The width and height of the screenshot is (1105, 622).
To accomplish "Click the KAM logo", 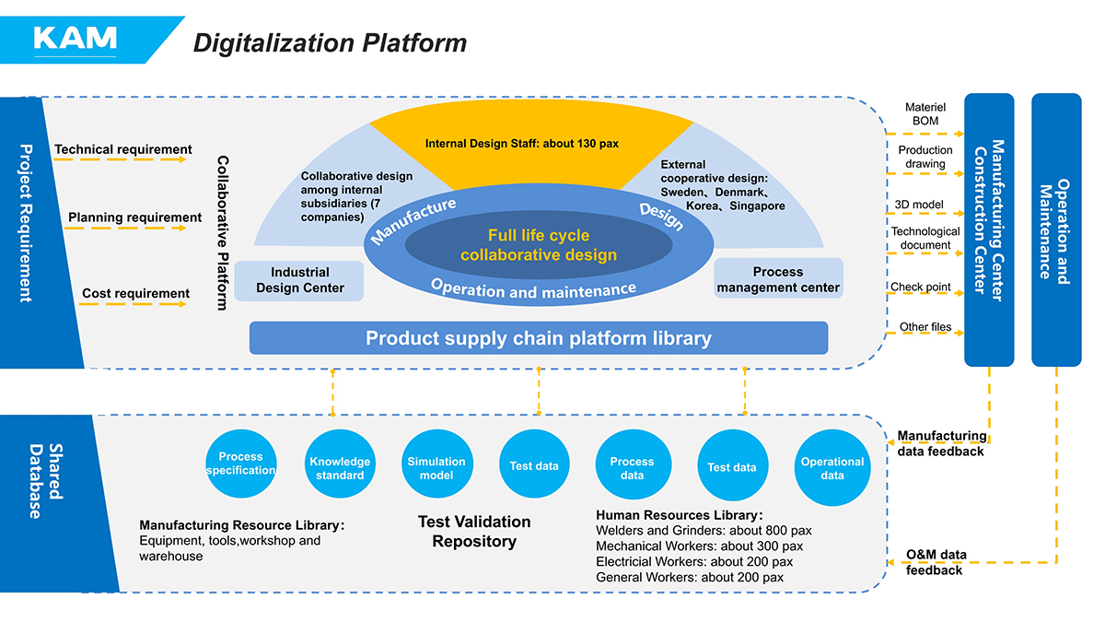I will (76, 39).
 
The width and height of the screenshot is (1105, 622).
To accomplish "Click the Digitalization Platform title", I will (329, 43).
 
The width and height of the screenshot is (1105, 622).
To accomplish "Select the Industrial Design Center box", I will (299, 280).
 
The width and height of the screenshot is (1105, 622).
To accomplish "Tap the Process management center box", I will (778, 279).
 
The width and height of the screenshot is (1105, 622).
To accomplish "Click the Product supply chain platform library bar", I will (539, 338).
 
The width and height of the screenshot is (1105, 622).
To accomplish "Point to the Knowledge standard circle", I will (340, 468).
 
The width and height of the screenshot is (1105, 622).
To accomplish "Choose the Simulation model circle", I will (436, 468).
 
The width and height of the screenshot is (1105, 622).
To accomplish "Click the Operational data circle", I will (832, 468).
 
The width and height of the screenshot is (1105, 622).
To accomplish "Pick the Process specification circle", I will (240, 464).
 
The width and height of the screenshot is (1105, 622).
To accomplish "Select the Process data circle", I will (632, 468).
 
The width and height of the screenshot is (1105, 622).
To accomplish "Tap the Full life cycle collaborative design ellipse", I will (539, 245).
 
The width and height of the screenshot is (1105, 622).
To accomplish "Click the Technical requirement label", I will (123, 149).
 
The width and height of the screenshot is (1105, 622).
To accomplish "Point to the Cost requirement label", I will (135, 294).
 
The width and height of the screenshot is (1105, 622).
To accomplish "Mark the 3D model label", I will (918, 204).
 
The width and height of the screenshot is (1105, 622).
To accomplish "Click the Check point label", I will (920, 287).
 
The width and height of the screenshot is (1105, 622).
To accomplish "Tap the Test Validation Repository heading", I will (474, 532).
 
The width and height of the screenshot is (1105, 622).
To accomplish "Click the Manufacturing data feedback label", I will (941, 443).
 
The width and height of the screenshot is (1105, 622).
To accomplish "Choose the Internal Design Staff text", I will (520, 144).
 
